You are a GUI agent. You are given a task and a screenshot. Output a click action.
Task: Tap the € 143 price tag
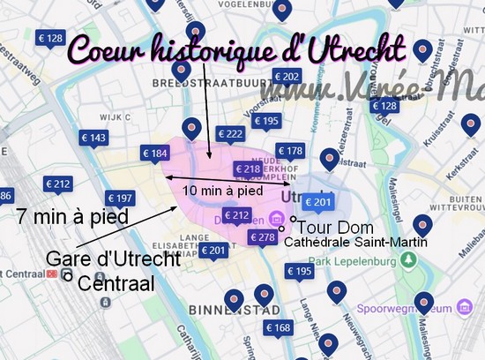point(93,138)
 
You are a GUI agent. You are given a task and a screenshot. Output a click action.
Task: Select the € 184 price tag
point(154,154)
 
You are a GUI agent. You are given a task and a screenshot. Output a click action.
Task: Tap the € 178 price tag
point(290,151)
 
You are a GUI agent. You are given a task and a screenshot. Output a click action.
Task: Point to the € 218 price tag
point(248,168)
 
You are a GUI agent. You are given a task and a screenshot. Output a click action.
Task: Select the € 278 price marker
point(263,236)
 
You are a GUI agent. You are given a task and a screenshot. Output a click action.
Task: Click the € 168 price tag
point(278,328)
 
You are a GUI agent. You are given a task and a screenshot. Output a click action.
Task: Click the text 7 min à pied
point(72,216)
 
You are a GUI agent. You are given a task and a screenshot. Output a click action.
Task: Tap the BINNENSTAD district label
point(234,310)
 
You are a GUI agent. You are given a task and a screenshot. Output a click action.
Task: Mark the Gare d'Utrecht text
point(113,259)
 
